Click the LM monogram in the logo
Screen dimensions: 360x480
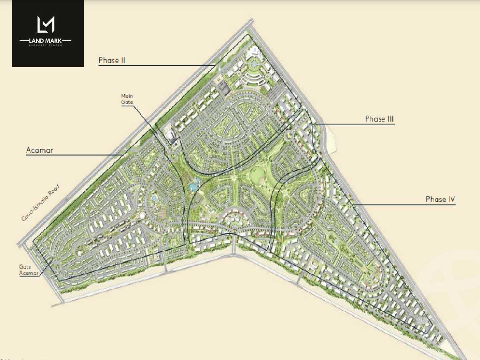(45, 24)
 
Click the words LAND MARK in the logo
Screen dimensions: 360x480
(45, 40)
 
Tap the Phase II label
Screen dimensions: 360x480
(112, 60)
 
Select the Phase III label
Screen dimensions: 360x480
(379, 119)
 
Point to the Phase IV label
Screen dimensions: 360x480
(440, 199)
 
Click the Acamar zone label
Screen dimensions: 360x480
(40, 150)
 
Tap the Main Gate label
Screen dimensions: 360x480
(128, 99)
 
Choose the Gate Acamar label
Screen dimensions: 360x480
(28, 270)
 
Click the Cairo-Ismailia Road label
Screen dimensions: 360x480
(41, 203)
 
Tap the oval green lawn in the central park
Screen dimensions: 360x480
(257, 174)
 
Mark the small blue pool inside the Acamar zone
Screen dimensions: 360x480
(155, 198)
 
